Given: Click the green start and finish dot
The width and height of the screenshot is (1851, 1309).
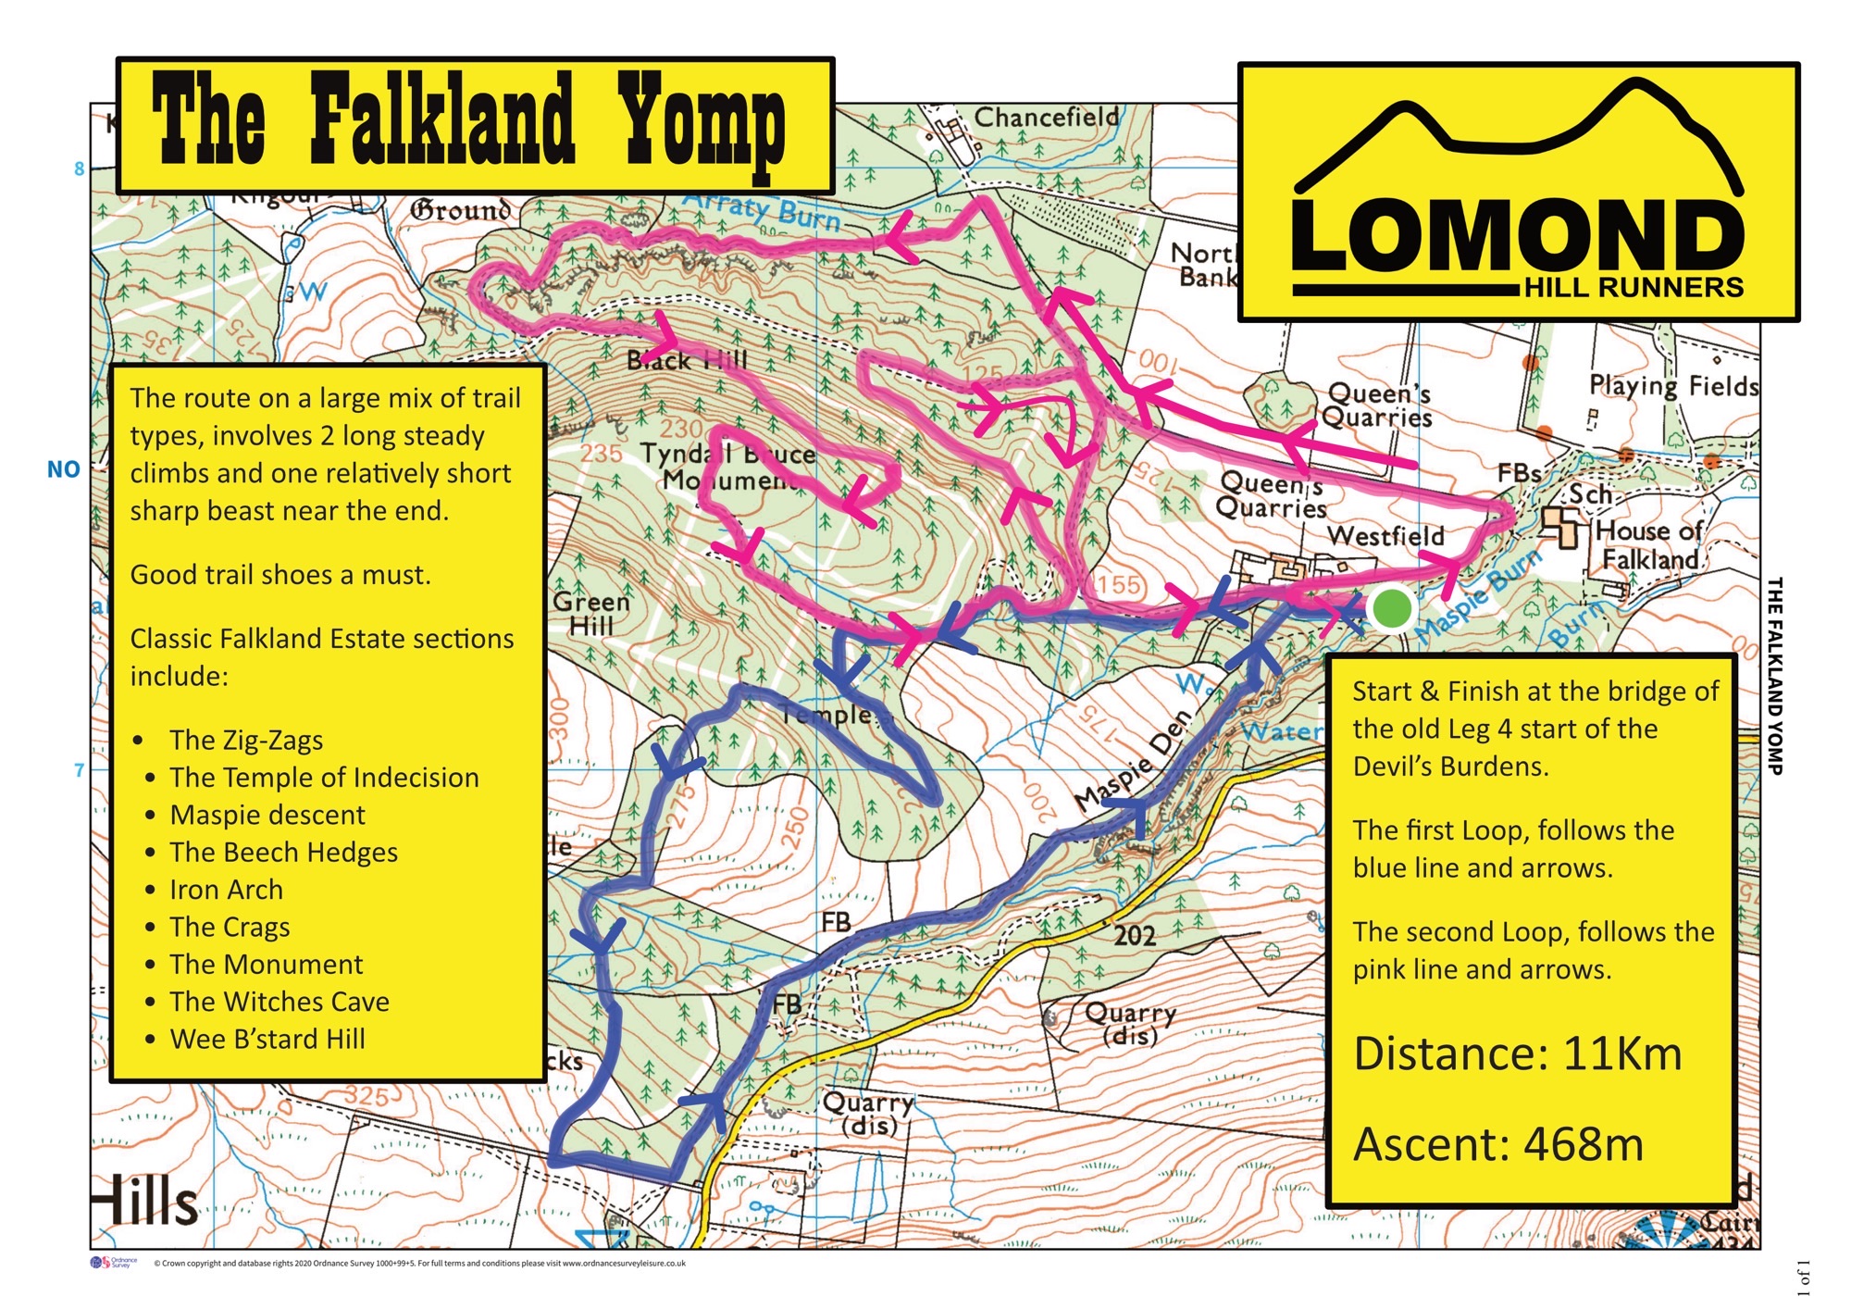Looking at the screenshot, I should pos(1391,608).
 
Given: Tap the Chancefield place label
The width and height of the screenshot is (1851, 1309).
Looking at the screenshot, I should pos(1046,118).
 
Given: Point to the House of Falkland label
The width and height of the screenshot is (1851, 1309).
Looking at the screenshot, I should pos(1647,545).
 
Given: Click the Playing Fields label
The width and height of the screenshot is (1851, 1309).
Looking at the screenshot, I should pos(1673,385).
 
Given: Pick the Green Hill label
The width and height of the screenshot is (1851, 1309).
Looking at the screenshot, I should pos(590,614).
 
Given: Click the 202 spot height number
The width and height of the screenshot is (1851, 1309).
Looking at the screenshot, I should pos(1134,936).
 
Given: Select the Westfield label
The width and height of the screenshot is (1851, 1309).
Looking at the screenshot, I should pos(1385,536).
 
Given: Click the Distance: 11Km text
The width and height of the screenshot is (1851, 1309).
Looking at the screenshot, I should pos(1517,1054).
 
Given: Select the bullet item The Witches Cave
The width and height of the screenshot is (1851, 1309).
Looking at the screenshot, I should pos(279,1002).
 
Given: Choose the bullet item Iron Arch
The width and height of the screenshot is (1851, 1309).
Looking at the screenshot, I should pos(226,890).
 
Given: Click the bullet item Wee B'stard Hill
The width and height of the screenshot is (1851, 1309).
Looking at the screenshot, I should pos(267,1039).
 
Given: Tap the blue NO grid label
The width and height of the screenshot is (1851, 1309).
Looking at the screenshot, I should pos(63,469).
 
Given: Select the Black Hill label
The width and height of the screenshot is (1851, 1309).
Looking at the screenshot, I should pos(686,360).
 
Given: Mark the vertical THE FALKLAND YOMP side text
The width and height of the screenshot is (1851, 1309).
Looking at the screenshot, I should pos(1774,676).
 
